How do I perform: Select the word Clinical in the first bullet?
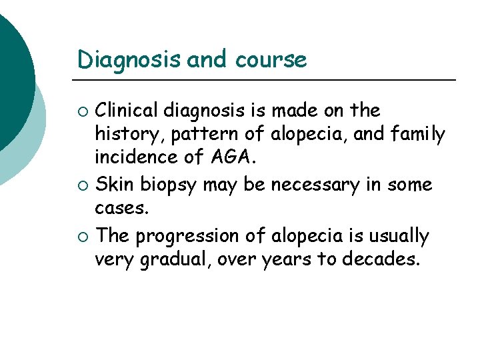point(131,110)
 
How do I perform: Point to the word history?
point(129,135)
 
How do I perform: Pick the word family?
point(418,135)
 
